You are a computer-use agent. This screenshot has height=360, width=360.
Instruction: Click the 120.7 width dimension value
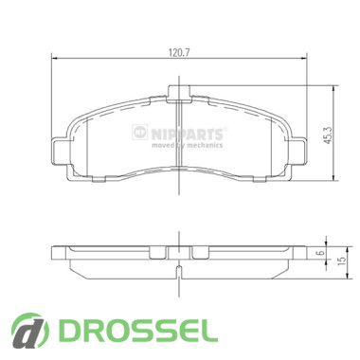coord(178,53)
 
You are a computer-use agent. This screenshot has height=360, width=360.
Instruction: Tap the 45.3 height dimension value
coord(328,135)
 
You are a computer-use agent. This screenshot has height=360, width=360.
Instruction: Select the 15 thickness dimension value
coord(342,261)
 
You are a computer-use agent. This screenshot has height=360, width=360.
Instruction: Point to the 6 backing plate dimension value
coord(320,253)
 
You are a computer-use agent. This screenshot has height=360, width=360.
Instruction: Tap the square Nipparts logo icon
coord(140,132)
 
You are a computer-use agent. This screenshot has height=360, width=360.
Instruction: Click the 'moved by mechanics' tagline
coord(188,145)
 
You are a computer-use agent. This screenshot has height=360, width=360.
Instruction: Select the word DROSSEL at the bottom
coord(137,332)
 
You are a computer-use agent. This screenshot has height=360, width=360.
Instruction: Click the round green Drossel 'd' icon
coord(30,331)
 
